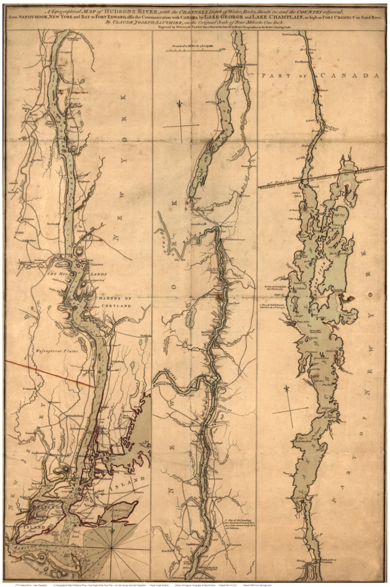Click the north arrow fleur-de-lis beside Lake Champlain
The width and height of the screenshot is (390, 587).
289,390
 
